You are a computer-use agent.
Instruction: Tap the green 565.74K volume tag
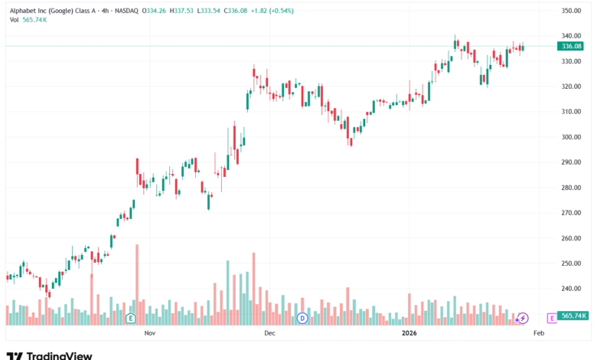[573, 316]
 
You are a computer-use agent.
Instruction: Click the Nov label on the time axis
[150, 333]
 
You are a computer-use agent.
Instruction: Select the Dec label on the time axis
[269, 333]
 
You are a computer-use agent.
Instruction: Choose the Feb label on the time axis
[538, 333]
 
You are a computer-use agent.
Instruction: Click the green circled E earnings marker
[131, 317]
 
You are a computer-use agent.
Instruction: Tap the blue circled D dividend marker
[302, 317]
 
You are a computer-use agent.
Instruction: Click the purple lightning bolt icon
[523, 317]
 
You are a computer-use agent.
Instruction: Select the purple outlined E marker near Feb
[551, 317]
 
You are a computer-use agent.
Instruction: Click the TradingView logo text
[50, 355]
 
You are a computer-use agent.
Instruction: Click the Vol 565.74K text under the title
[30, 20]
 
